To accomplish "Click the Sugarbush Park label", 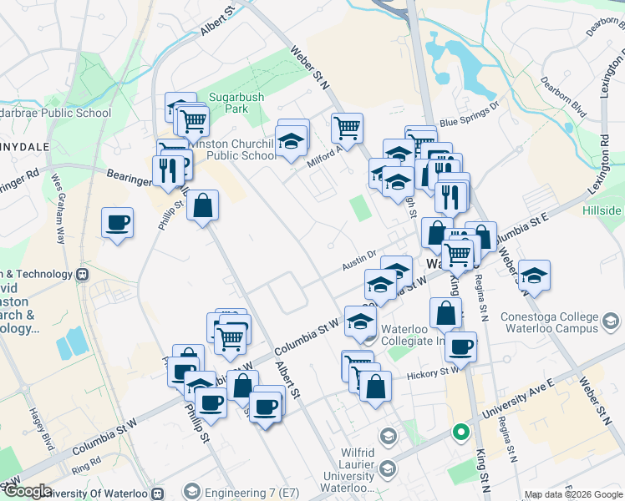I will click(x=236, y=103).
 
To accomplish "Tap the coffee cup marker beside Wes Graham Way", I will click(x=118, y=223).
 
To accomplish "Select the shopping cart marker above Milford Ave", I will click(x=347, y=129).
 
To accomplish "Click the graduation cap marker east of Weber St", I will click(x=534, y=275).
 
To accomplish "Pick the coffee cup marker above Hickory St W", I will click(x=460, y=346).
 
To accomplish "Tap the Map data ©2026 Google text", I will click(x=572, y=494).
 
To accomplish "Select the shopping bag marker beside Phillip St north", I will click(x=202, y=205).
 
